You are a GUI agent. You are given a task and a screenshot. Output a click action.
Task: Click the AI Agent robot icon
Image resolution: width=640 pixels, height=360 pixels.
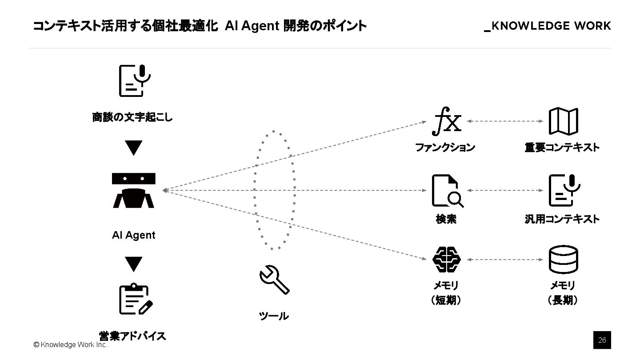[x=133, y=191]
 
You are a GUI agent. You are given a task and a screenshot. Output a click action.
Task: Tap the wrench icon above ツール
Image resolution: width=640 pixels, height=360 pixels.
[x=274, y=280]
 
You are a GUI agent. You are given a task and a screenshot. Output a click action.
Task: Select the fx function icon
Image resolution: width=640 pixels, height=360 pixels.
[x=447, y=121]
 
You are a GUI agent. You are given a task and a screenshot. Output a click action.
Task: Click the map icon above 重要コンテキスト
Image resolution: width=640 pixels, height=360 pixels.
[x=563, y=121]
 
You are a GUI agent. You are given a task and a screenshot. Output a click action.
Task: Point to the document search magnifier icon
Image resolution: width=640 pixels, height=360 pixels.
[x=447, y=191]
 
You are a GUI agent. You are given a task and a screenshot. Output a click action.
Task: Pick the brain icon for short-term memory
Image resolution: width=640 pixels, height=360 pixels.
[x=447, y=260]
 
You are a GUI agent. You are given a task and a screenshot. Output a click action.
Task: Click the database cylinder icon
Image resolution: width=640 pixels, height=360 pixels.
[x=563, y=260]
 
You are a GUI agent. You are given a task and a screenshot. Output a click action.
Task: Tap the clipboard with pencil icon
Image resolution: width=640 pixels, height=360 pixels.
[x=135, y=299]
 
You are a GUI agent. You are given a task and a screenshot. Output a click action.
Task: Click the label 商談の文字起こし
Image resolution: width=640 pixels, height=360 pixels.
[x=132, y=118]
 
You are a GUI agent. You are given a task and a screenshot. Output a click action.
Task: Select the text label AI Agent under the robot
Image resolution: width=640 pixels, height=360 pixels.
[x=133, y=235]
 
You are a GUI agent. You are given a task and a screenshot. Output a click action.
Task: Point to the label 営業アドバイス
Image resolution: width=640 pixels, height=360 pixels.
[x=132, y=336]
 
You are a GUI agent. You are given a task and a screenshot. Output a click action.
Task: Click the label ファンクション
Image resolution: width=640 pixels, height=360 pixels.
[x=445, y=148]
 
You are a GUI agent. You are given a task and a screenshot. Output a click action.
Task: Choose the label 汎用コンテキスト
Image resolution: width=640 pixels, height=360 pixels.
[x=562, y=219]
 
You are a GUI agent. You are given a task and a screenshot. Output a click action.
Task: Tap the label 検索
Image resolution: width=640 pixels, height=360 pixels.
[x=446, y=219]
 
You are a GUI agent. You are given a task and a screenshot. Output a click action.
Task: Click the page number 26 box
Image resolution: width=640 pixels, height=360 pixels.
[x=602, y=340]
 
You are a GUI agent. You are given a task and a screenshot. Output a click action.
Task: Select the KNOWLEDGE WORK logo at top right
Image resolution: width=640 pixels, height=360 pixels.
[x=548, y=26]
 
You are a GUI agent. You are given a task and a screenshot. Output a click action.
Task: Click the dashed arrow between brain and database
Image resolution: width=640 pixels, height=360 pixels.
[x=505, y=260]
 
